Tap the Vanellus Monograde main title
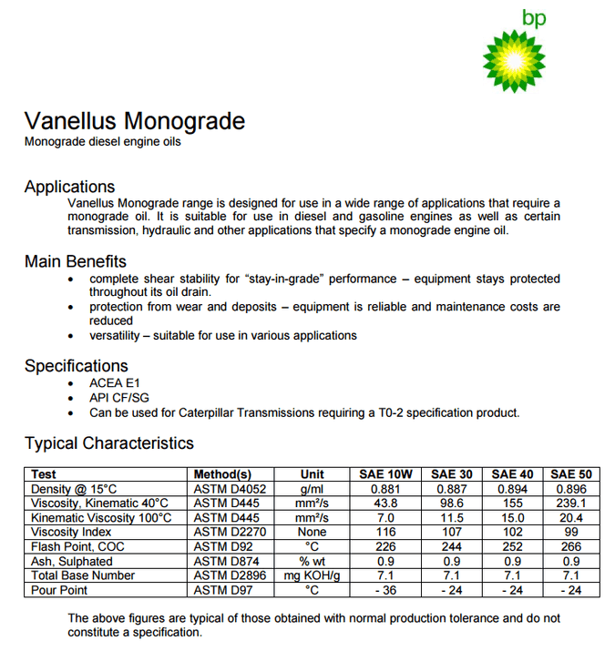point(134,122)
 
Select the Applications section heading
point(69,187)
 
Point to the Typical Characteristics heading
point(108,443)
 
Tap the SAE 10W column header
point(385,474)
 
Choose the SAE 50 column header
point(571,474)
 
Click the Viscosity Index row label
point(71,532)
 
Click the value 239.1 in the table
point(571,504)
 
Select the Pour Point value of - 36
point(385,590)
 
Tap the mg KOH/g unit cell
point(312,575)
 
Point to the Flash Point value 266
point(571,546)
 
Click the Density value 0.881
point(385,489)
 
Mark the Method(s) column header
point(222,474)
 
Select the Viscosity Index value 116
point(385,532)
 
